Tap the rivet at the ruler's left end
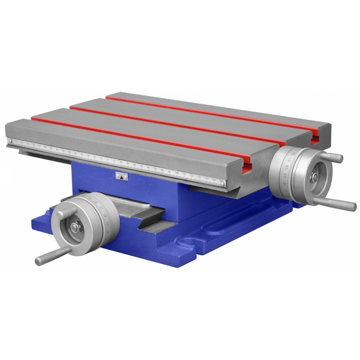10,142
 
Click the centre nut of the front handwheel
75,228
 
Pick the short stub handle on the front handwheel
63,212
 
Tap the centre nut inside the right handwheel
314,177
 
